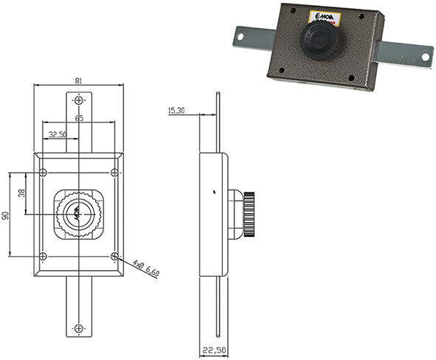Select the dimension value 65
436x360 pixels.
tap(78, 118)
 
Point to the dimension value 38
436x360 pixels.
tap(21, 193)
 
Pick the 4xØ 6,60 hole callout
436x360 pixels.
tap(148, 266)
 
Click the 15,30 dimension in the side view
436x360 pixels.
tap(176, 111)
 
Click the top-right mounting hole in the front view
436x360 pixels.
tap(114, 173)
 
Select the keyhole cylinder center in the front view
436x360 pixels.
tap(77, 215)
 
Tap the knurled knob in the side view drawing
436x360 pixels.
tap(248, 214)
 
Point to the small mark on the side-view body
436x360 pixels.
tap(212, 191)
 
